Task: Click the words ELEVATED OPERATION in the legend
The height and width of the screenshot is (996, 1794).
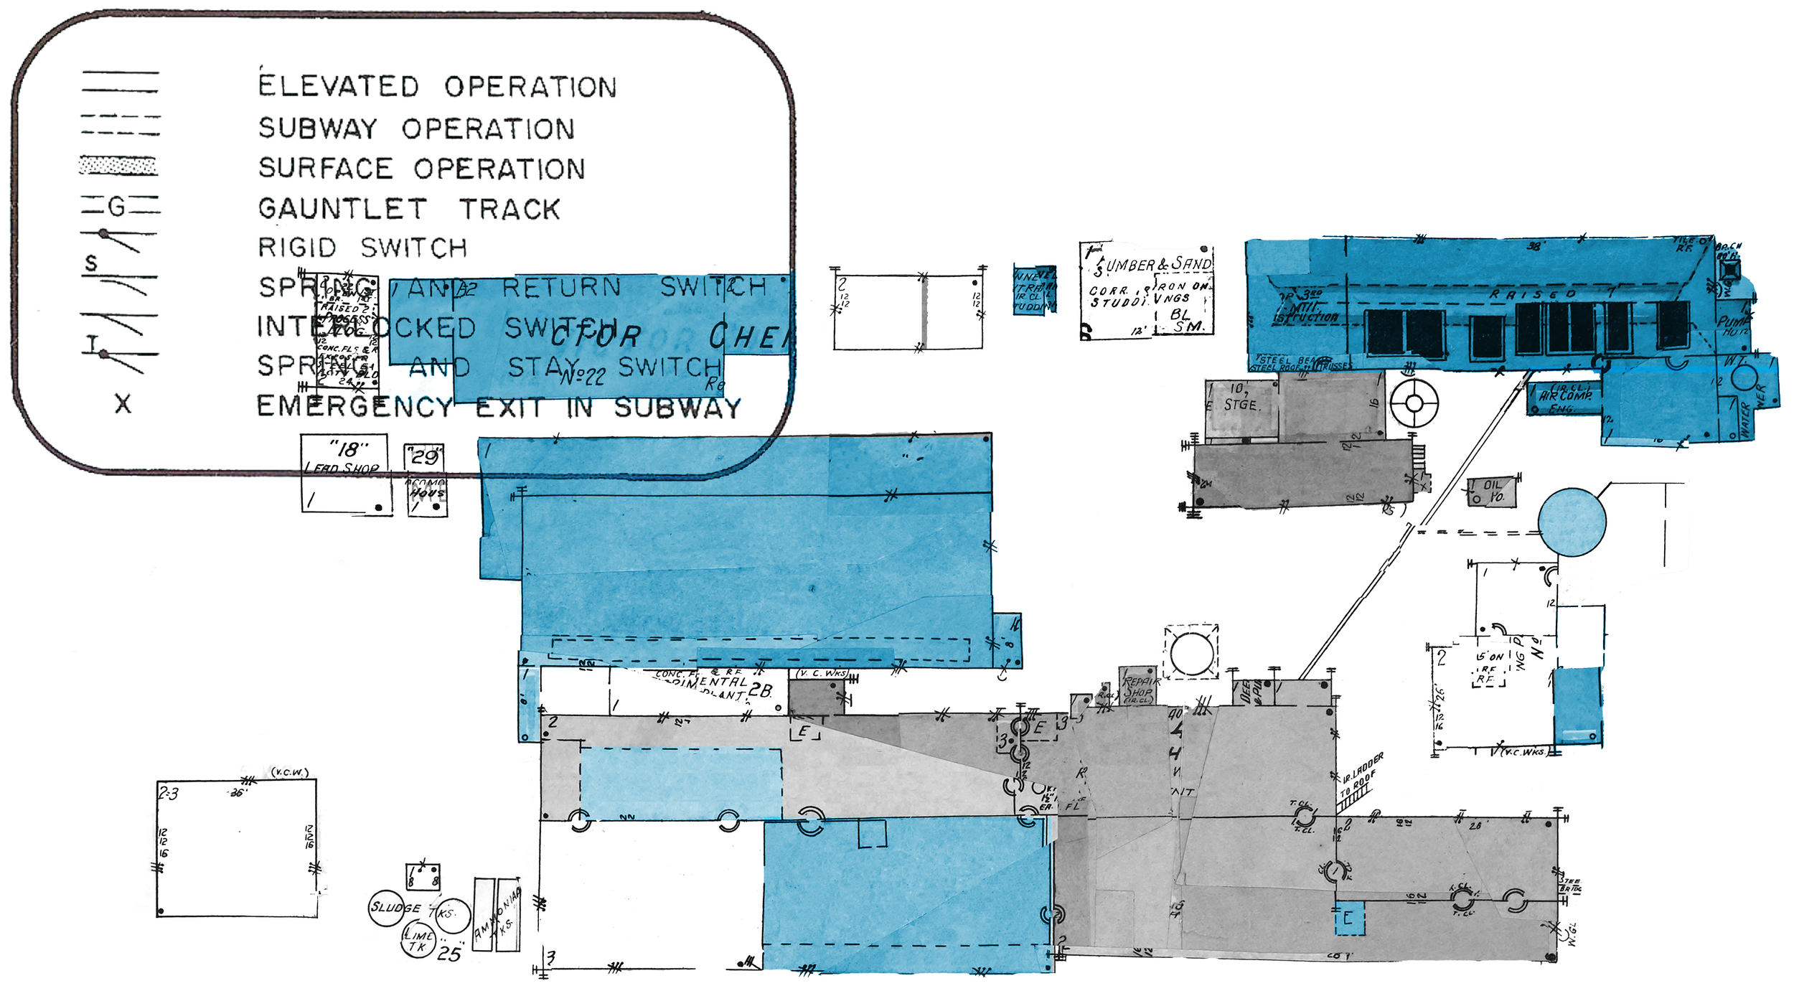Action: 437,87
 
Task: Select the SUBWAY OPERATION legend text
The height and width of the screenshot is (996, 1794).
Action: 416,129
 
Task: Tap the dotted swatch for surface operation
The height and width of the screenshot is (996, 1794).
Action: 118,166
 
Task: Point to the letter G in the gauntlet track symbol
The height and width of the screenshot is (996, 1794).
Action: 116,207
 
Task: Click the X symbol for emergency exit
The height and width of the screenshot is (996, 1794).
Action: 123,405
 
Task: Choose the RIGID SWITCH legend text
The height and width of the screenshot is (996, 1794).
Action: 362,248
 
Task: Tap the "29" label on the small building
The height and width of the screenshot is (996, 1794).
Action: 424,457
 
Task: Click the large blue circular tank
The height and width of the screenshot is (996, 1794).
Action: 1572,522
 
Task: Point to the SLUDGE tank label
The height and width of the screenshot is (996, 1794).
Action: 394,908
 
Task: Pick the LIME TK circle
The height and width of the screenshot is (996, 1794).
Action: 418,941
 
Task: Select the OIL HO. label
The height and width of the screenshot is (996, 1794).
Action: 1493,492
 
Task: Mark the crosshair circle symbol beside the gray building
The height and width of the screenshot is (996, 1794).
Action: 1414,403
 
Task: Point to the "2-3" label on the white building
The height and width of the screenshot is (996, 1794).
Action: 169,794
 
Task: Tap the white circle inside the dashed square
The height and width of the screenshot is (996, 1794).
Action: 1192,653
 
